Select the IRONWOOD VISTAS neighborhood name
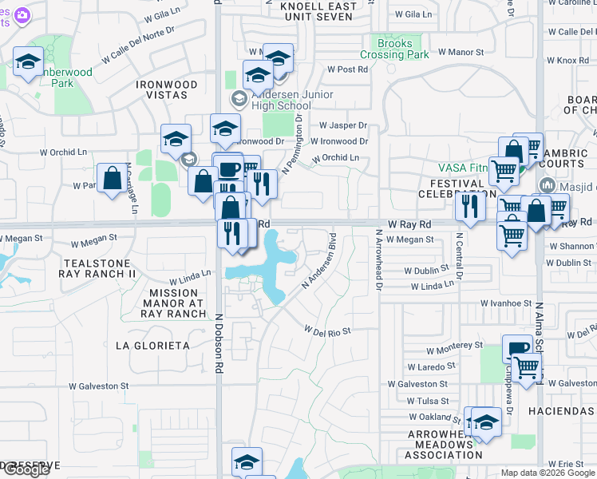click(x=162, y=89)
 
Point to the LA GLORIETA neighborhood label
click(x=153, y=346)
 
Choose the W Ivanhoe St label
click(x=506, y=303)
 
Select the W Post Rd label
click(x=348, y=69)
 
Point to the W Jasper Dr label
click(x=343, y=125)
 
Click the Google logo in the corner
click(x=26, y=469)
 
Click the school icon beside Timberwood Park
click(x=29, y=62)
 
